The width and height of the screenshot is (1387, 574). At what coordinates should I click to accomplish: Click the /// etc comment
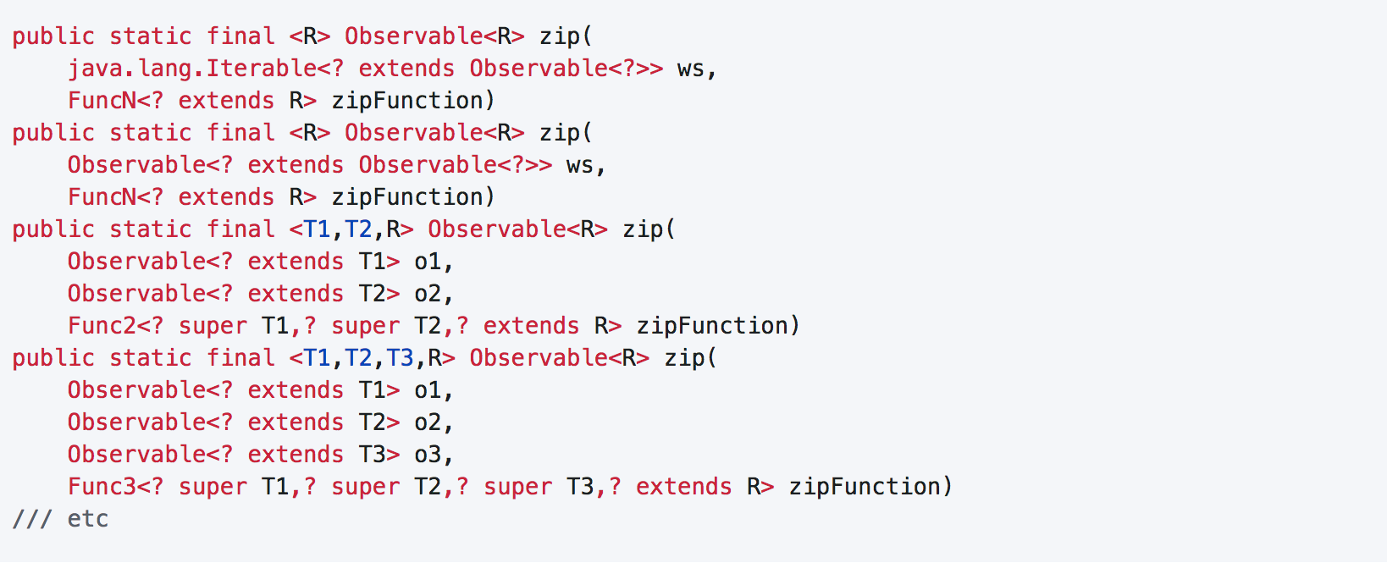pos(60,518)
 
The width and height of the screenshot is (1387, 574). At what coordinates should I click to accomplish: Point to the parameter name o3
pos(428,454)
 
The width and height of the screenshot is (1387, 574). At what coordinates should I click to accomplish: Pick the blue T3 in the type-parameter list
pos(400,357)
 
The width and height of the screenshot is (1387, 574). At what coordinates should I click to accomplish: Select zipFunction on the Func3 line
pos(865,486)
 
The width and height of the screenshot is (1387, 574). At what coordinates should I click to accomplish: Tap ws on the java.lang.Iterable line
pos(691,68)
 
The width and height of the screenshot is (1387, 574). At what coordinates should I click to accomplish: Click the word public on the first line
pos(53,36)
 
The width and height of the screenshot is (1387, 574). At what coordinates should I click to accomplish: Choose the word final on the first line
pos(240,36)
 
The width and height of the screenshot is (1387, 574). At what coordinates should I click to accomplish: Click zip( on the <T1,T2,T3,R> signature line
pos(690,357)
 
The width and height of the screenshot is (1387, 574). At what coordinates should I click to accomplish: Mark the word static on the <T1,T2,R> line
pos(150,229)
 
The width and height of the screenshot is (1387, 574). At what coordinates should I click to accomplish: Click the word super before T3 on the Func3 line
pos(517,486)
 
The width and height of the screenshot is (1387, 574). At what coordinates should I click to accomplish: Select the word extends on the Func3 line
pos(683,486)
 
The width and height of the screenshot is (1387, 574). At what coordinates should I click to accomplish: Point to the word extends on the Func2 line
pos(531,325)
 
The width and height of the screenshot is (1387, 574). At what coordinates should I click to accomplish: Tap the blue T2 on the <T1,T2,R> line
pos(358,229)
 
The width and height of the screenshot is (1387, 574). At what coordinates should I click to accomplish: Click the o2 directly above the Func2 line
pos(428,293)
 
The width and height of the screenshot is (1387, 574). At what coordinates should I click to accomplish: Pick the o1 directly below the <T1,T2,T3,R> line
pos(428,389)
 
